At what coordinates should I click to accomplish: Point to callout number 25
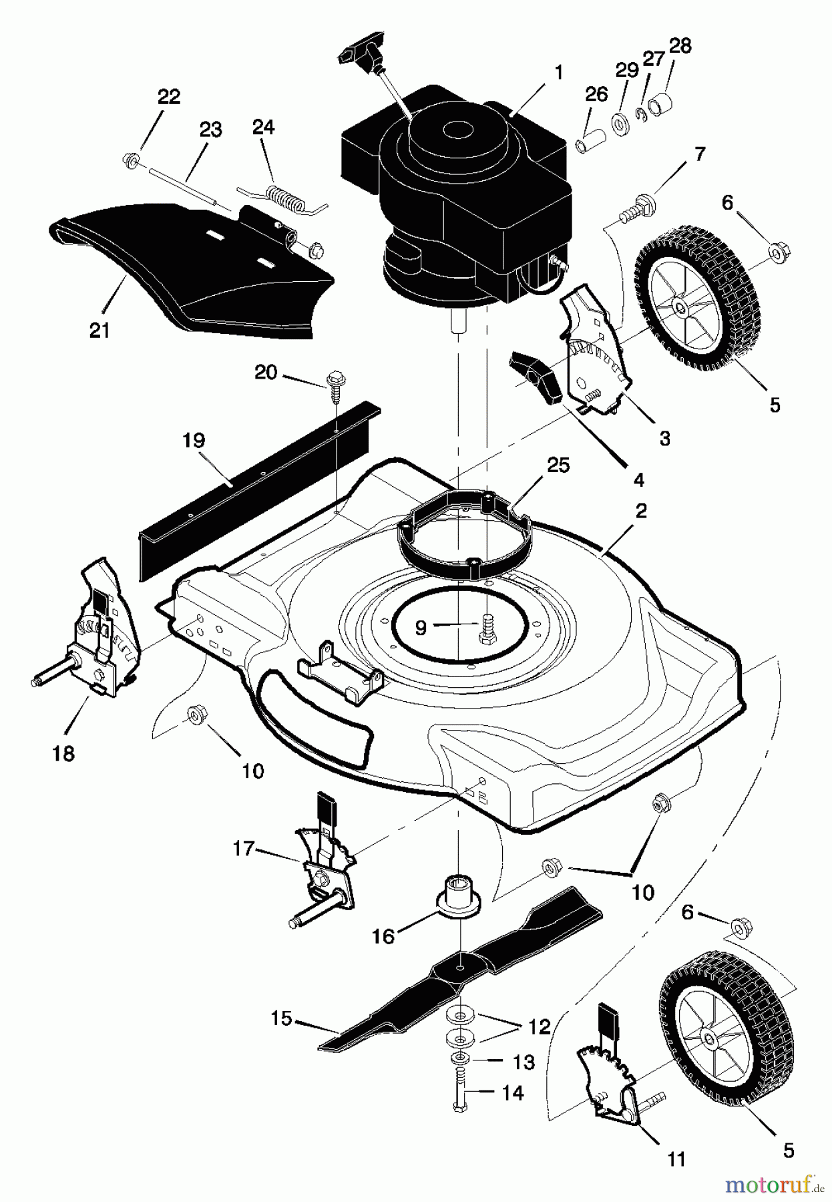point(558,465)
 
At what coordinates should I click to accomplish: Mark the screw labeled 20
point(334,385)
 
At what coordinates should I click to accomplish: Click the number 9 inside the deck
point(421,627)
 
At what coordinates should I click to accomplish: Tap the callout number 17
point(243,849)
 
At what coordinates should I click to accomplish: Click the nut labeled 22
point(131,160)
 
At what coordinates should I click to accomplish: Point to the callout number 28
point(680,46)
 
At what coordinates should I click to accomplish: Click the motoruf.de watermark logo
point(768,1185)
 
